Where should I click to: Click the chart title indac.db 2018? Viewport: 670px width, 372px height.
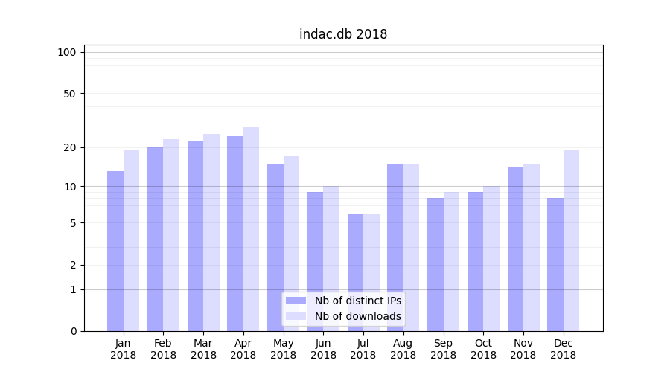pos(343,34)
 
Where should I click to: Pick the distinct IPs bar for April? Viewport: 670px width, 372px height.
pos(235,234)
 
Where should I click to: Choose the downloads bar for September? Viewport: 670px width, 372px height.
pos(451,261)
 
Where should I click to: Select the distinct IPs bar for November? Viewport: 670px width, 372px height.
pos(515,249)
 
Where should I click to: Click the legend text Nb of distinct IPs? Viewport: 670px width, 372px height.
pos(358,301)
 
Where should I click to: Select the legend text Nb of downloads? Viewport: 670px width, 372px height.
pos(358,316)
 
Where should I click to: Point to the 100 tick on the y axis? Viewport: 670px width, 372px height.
pos(67,52)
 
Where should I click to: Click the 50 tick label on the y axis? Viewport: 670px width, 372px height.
pos(70,94)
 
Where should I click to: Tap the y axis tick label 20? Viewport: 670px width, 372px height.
pos(70,147)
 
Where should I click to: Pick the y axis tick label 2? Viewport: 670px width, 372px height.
pos(73,265)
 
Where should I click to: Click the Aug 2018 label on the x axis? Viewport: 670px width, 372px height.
pos(403,349)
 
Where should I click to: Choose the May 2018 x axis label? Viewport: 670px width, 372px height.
pos(283,349)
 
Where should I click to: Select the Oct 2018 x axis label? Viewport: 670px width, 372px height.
pos(483,349)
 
